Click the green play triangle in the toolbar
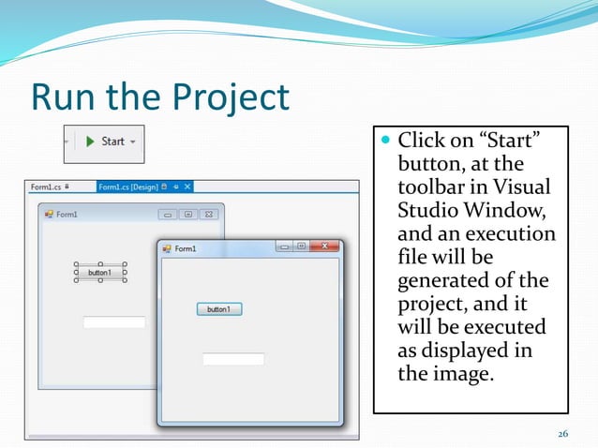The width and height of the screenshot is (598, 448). tap(90, 142)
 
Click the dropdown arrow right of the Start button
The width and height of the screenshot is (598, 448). tap(132, 142)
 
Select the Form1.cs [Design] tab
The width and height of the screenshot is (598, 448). tap(127, 187)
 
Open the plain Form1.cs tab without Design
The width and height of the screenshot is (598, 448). tap(44, 187)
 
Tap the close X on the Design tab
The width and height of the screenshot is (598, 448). tap(187, 187)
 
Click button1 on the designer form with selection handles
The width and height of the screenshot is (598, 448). tap(99, 273)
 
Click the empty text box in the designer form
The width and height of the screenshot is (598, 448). tap(114, 322)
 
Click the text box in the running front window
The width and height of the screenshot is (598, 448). tap(233, 359)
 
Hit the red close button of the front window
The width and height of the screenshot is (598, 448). tap(325, 246)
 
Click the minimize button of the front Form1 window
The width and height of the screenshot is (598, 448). tap(284, 246)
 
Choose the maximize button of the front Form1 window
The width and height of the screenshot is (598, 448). tap(301, 246)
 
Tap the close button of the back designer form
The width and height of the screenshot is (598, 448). tap(209, 214)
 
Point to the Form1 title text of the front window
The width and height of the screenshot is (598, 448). tap(186, 248)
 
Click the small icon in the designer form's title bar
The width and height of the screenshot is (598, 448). tap(48, 215)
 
